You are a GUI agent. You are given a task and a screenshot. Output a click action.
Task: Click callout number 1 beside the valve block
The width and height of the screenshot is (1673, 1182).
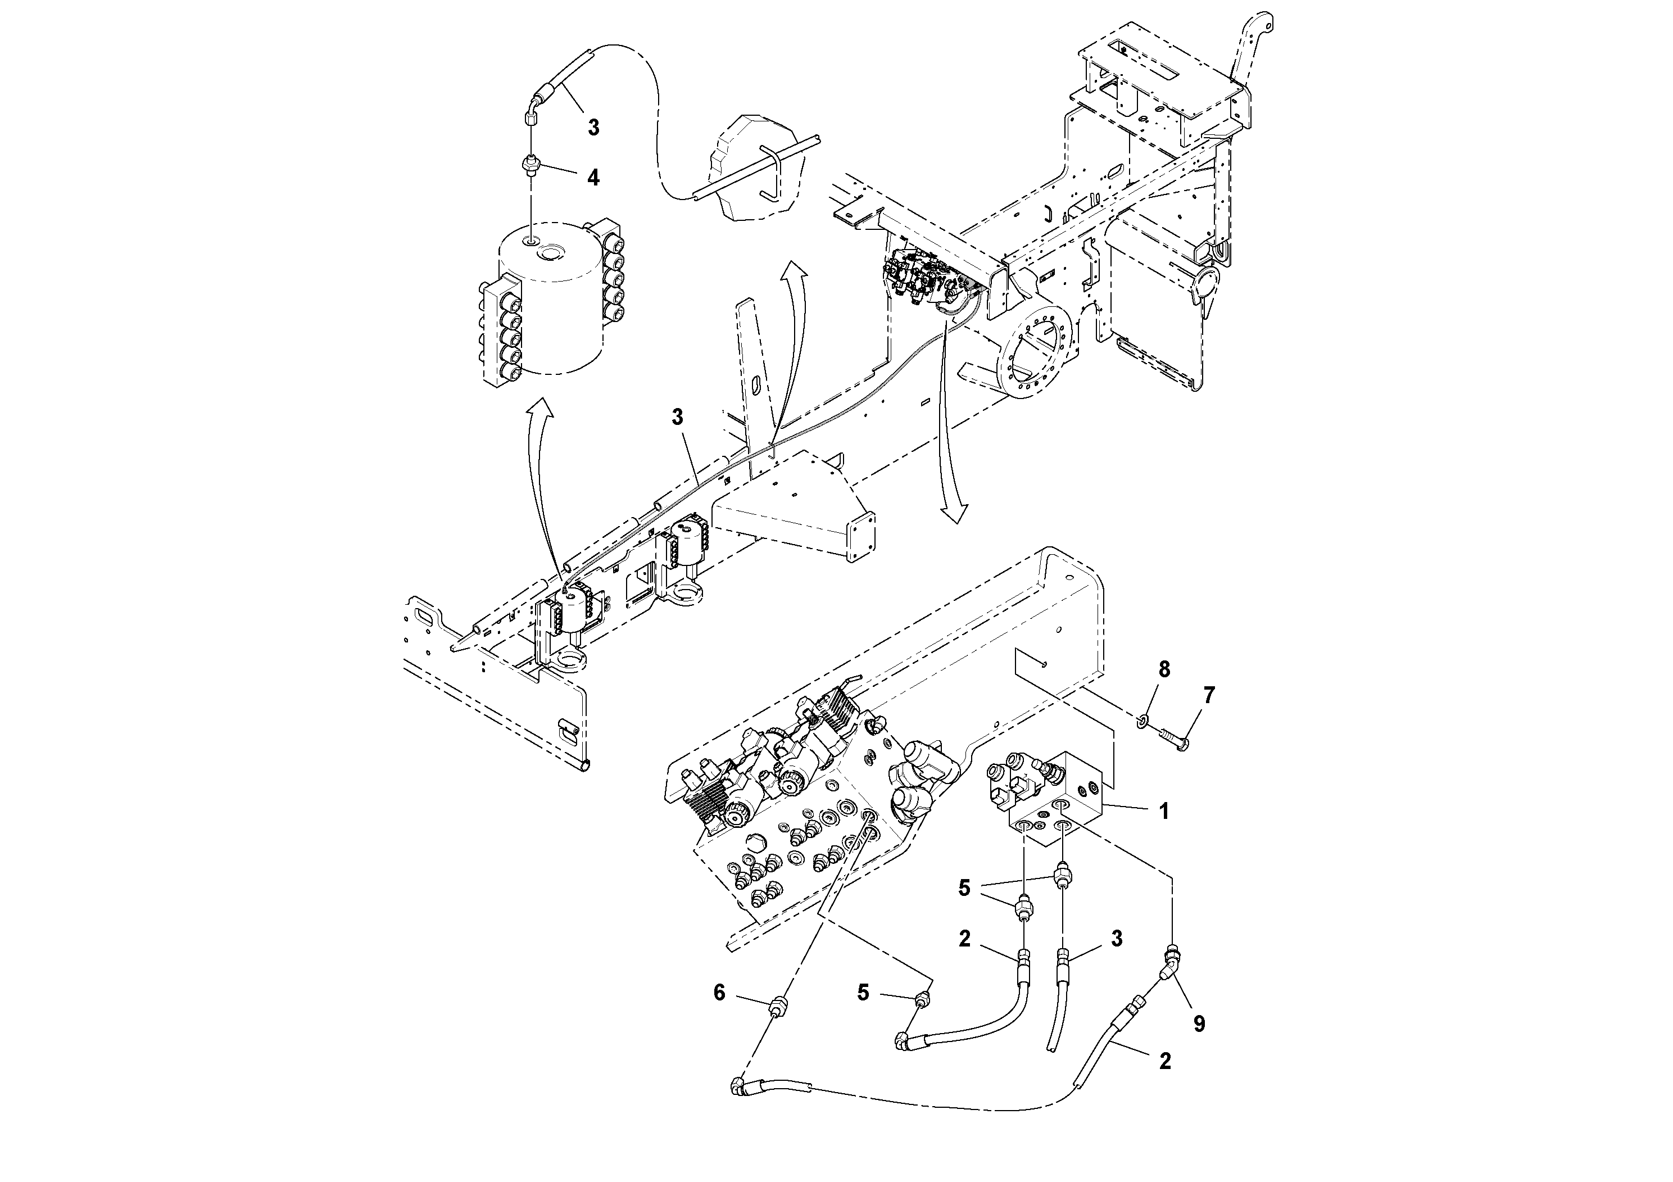(x=1164, y=811)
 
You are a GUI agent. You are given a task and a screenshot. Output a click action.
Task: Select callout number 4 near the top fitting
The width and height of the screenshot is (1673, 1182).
(x=593, y=177)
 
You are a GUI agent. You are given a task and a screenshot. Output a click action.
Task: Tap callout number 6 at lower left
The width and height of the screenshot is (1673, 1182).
(x=719, y=992)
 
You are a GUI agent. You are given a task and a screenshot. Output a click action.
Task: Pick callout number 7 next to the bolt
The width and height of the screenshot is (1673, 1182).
(x=1209, y=696)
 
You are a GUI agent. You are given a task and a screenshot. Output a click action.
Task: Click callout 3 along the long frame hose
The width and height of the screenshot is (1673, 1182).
(x=678, y=417)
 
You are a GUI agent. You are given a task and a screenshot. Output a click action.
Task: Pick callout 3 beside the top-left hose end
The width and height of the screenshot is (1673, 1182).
(x=593, y=128)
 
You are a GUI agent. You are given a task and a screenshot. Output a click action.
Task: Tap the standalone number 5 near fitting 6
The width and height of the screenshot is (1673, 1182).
(x=863, y=992)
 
